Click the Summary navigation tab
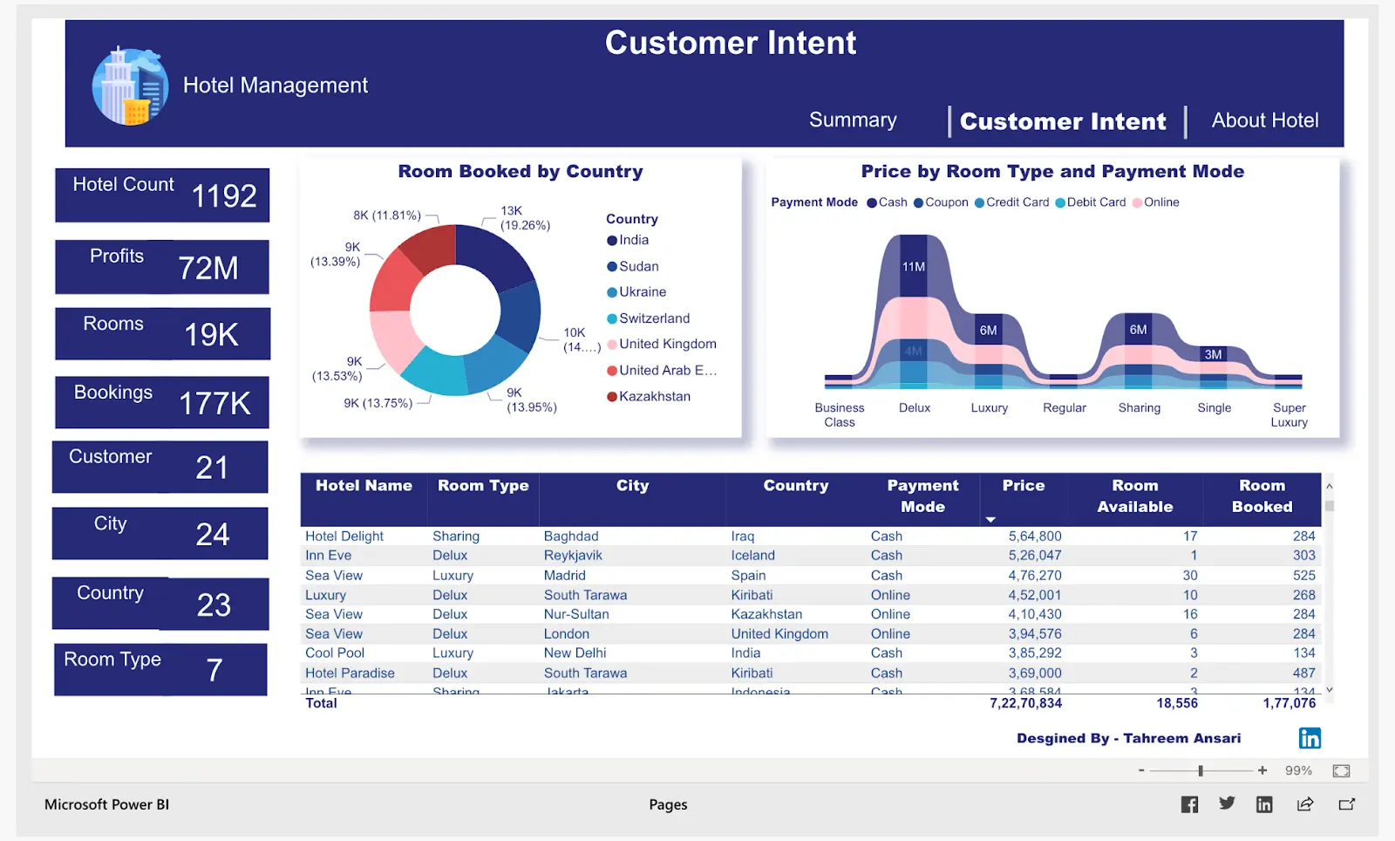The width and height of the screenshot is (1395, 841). click(852, 120)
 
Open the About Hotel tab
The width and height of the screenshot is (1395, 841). click(1264, 120)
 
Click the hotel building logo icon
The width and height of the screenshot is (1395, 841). click(131, 86)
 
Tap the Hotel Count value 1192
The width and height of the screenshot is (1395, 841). click(224, 196)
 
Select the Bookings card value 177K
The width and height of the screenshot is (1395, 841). click(214, 404)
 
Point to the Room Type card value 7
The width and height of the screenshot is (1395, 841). click(214, 670)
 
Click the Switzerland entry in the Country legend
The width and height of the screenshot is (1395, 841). click(653, 318)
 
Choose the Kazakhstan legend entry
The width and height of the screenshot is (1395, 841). click(654, 396)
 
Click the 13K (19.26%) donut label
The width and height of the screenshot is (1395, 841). click(524, 218)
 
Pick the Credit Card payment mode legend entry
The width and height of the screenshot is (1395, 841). click(1017, 202)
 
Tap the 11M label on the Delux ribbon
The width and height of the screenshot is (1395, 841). click(913, 267)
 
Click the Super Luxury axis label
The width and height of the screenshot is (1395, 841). click(1289, 414)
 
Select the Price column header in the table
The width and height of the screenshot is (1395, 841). click(1023, 486)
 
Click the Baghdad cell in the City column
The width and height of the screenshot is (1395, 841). click(571, 537)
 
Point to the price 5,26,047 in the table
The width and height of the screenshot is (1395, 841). click(1035, 556)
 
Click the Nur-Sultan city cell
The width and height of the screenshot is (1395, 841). click(576, 614)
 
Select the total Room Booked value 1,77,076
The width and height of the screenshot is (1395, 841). click(1289, 703)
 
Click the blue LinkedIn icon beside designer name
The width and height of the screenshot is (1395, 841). click(1310, 738)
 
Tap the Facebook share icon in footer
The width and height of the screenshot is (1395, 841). click(1189, 804)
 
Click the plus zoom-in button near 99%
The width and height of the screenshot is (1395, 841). click(1262, 770)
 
